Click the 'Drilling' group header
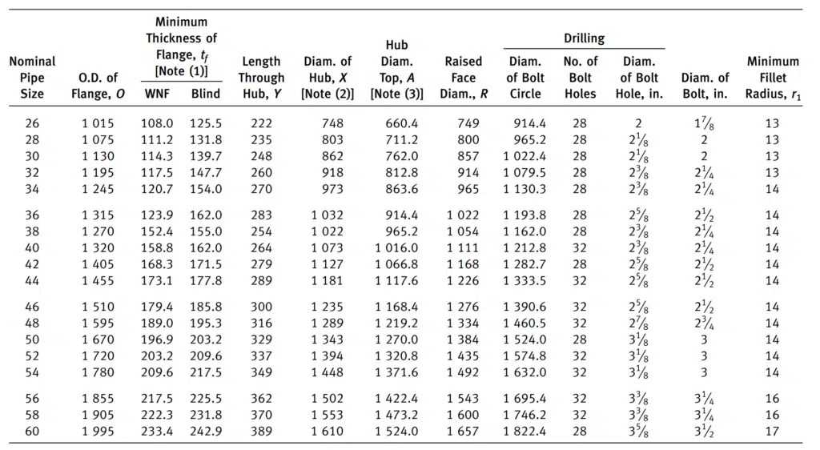click(x=584, y=38)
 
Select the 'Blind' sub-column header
click(x=206, y=94)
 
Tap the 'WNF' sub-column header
click(x=157, y=94)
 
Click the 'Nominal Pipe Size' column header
click(x=32, y=78)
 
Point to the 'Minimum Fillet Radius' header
click(x=773, y=78)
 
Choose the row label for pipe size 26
click(x=32, y=123)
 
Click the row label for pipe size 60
click(x=32, y=432)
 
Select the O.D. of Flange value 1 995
click(x=98, y=432)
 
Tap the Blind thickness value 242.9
click(x=206, y=432)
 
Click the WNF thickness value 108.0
click(x=157, y=123)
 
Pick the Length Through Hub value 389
click(x=261, y=432)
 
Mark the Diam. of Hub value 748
click(x=332, y=123)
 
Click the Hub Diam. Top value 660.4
click(x=402, y=123)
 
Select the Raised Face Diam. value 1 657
click(x=463, y=432)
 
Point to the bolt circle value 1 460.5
click(x=525, y=323)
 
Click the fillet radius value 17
click(x=773, y=432)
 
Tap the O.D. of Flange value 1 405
click(x=98, y=264)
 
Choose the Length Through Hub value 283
click(x=261, y=215)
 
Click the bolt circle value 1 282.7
click(x=525, y=264)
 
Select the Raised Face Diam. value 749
click(x=468, y=123)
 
